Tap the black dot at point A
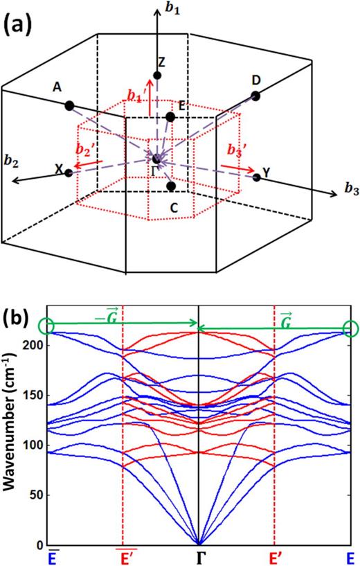(x=69, y=105)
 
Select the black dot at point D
(x=255, y=96)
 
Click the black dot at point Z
(x=158, y=75)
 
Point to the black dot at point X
(x=69, y=172)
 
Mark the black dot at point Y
(x=257, y=177)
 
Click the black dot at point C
(x=171, y=186)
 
